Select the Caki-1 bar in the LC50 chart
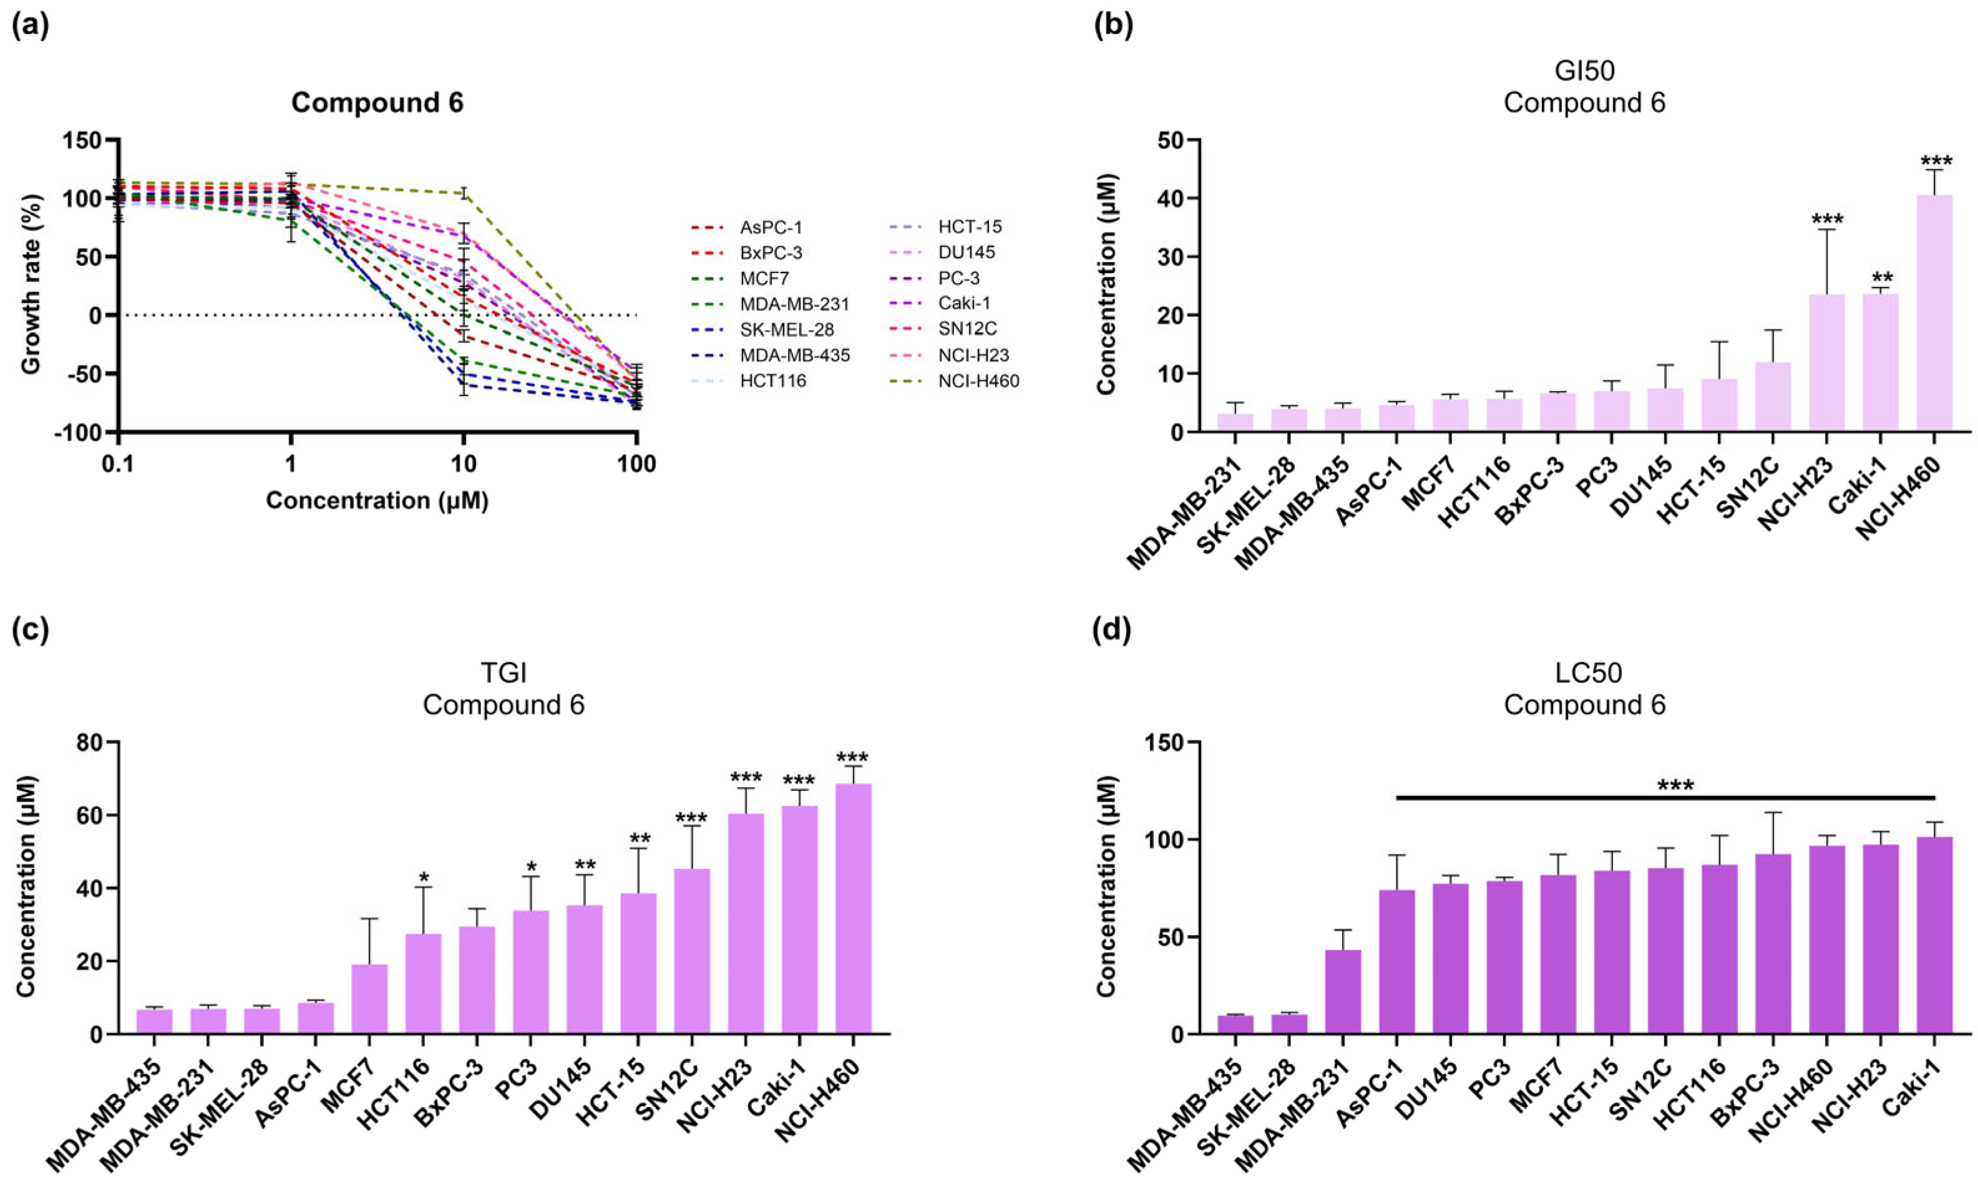1934,935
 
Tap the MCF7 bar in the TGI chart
369,999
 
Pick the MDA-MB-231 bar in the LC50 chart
1342,992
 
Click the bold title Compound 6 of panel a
377,103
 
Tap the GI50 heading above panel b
1584,71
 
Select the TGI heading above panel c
504,673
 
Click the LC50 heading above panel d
1584,673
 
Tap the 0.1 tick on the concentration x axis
118,463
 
